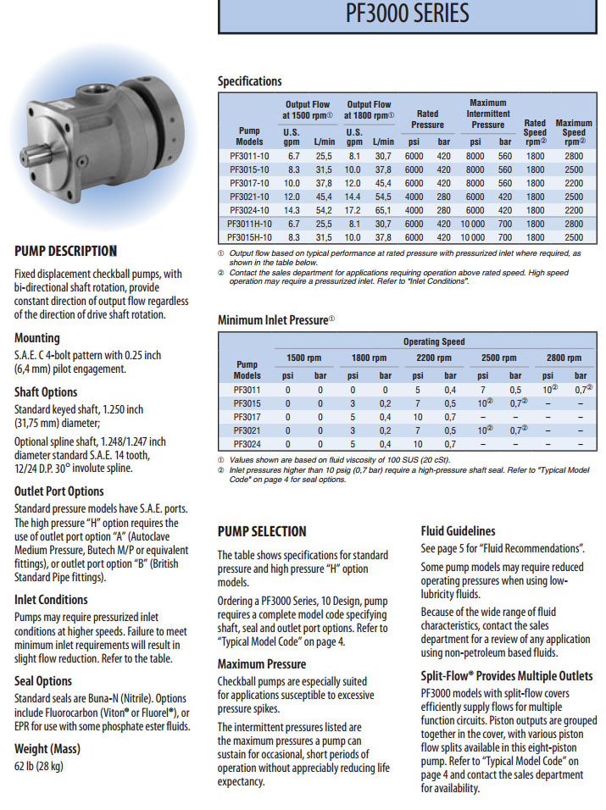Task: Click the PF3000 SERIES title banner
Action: coord(408,14)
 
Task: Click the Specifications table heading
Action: coord(249,81)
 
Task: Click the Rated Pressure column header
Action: coord(427,119)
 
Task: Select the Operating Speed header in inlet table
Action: coord(433,341)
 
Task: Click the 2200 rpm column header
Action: coord(433,358)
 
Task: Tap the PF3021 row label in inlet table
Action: coord(247,430)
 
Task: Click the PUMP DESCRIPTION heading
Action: coord(65,251)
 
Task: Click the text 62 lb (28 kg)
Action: coord(39,767)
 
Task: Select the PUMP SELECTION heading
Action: coord(262,531)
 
